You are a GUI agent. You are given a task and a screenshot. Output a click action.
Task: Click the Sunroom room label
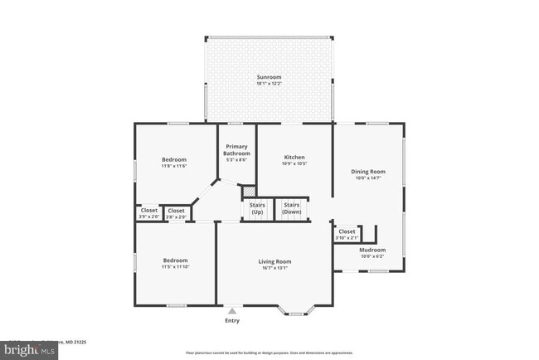(269, 77)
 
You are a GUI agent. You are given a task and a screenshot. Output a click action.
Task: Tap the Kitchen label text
(294, 157)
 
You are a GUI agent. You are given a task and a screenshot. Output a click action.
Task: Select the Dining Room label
(370, 172)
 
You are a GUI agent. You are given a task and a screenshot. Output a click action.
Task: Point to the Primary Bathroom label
(236, 150)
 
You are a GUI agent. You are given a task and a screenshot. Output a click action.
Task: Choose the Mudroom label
(371, 250)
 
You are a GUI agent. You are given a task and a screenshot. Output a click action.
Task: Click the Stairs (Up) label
(257, 207)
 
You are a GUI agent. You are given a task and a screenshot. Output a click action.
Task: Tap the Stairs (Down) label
(292, 207)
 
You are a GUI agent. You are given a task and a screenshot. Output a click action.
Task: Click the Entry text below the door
(232, 321)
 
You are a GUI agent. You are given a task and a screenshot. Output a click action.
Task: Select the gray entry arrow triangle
(232, 310)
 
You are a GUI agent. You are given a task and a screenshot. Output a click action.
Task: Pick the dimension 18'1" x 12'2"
(269, 84)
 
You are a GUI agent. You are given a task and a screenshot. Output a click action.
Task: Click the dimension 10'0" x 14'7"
(370, 178)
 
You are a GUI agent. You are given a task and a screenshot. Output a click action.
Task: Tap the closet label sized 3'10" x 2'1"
(346, 235)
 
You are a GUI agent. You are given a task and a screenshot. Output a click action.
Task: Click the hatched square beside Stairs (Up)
(248, 192)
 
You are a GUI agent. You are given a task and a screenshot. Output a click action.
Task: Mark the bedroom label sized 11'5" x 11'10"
(175, 264)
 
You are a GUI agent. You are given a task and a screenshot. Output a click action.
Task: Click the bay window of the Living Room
(295, 311)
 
